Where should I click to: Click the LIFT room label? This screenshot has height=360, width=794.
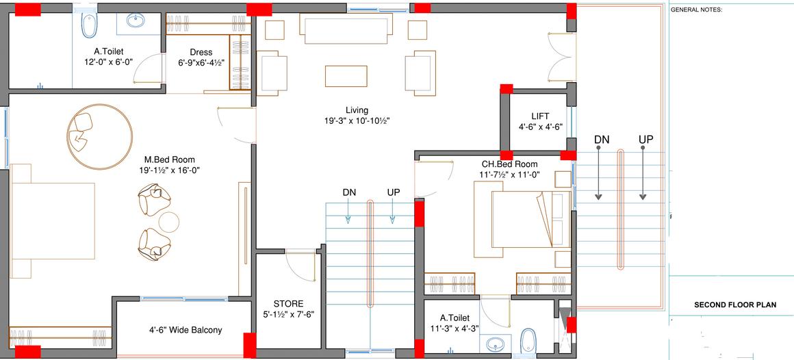540,116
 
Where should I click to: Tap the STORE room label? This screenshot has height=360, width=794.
289,304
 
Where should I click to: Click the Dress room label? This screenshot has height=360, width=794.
201,52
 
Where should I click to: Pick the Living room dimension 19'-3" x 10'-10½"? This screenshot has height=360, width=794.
357,120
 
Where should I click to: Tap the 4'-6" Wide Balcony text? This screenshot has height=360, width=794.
185,330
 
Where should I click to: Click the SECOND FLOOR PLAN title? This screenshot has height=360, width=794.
735,305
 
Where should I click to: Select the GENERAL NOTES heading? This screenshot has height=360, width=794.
696,10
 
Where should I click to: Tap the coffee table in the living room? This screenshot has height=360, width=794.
346,76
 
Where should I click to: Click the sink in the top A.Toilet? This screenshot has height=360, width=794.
136,21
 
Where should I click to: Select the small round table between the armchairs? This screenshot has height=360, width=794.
169,222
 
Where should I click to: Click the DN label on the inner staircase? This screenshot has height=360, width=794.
349,192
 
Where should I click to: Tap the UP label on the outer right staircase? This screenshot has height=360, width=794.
645,140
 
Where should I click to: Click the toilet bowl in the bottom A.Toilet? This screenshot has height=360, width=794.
528,339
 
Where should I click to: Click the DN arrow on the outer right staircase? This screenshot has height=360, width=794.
598,172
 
